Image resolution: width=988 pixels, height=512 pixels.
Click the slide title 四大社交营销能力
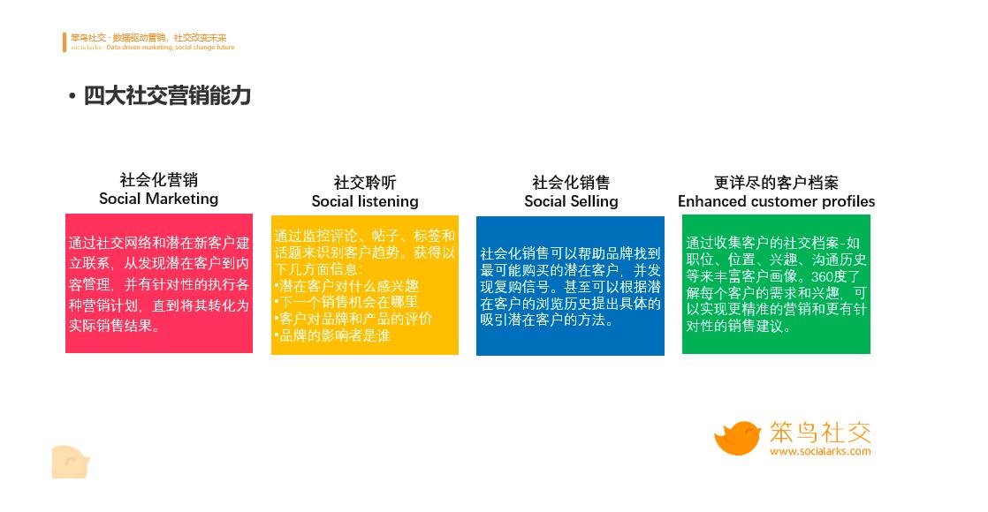(167, 96)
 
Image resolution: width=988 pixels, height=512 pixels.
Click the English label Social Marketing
(158, 199)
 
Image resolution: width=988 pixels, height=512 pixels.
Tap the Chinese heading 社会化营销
(158, 180)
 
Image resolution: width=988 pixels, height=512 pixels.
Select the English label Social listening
(365, 201)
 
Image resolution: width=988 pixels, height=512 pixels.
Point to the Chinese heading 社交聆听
(365, 183)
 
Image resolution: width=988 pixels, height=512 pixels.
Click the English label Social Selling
(571, 201)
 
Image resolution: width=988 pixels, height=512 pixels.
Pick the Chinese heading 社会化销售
(571, 183)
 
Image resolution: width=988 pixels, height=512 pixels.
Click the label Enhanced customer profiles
(776, 201)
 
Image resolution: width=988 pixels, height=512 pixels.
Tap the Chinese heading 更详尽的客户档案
(776, 183)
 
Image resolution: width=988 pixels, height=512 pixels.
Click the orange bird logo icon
(737, 438)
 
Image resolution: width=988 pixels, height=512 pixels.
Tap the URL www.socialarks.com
(819, 451)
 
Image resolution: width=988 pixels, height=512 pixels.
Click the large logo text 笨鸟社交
(819, 432)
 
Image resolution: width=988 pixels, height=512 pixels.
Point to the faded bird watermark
(71, 462)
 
